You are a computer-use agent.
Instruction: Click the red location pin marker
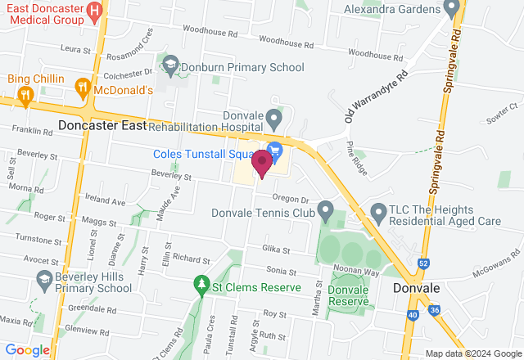click(x=262, y=163)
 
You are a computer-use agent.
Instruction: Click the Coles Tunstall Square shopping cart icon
click(x=274, y=150)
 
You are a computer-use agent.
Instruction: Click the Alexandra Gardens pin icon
click(x=450, y=10)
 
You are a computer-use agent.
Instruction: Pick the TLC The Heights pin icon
click(x=378, y=213)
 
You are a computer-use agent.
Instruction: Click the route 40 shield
click(x=412, y=315)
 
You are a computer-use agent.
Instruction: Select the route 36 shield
click(x=435, y=310)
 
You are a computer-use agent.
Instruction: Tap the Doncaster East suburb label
click(x=102, y=126)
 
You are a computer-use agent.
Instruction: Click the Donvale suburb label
click(x=418, y=289)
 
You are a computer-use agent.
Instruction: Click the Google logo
click(x=28, y=350)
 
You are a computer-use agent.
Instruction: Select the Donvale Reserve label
click(x=349, y=295)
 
